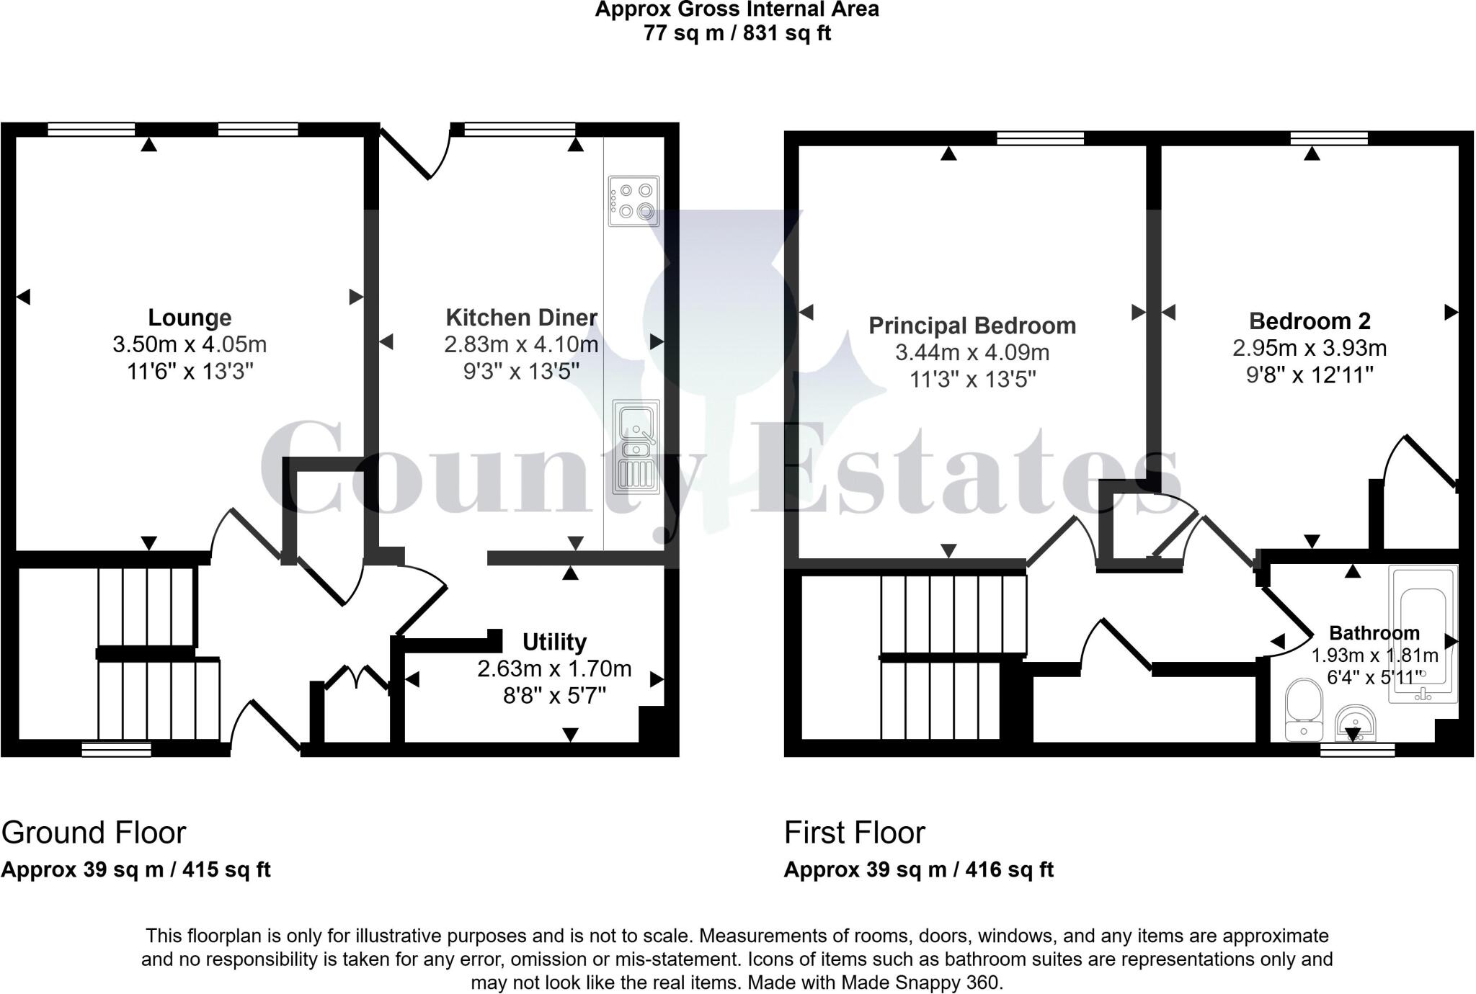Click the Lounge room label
pos(190,317)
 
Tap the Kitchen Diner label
pos(521,317)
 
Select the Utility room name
pos(554,641)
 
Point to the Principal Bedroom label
pos(972,326)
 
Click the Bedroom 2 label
pos(1310,321)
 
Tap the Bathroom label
pos(1374,633)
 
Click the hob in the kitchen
pos(633,201)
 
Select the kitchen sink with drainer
pos(635,447)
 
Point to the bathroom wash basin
pos(1355,722)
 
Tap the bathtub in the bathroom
pos(1423,634)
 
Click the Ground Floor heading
pos(94,833)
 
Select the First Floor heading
pos(854,833)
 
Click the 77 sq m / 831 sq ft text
pos(737,33)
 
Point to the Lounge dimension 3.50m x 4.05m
pos(190,344)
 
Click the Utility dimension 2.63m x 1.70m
pos(554,668)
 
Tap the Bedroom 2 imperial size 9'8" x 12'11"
pos(1310,375)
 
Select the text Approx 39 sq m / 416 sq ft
pos(918,869)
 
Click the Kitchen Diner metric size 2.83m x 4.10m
pos(521,344)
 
